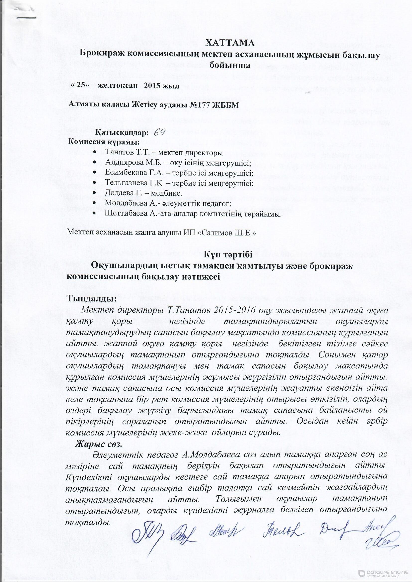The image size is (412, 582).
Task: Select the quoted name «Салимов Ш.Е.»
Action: [x=226, y=233]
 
